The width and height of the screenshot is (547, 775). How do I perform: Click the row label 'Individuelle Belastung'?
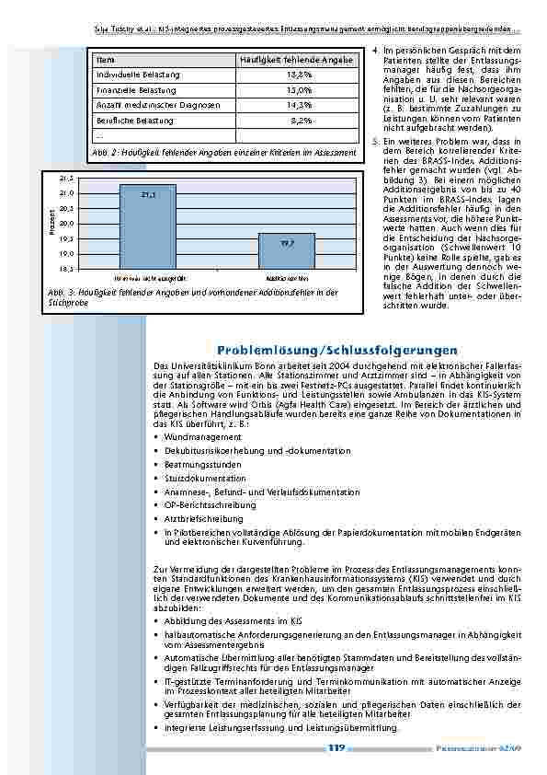138,74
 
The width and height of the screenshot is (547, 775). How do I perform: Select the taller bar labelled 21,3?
148,226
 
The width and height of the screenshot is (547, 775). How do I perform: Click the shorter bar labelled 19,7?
287,250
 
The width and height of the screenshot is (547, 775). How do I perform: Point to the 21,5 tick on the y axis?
66,177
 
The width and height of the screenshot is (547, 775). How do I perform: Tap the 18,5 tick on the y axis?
66,269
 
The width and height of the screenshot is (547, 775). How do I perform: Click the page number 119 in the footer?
336,748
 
